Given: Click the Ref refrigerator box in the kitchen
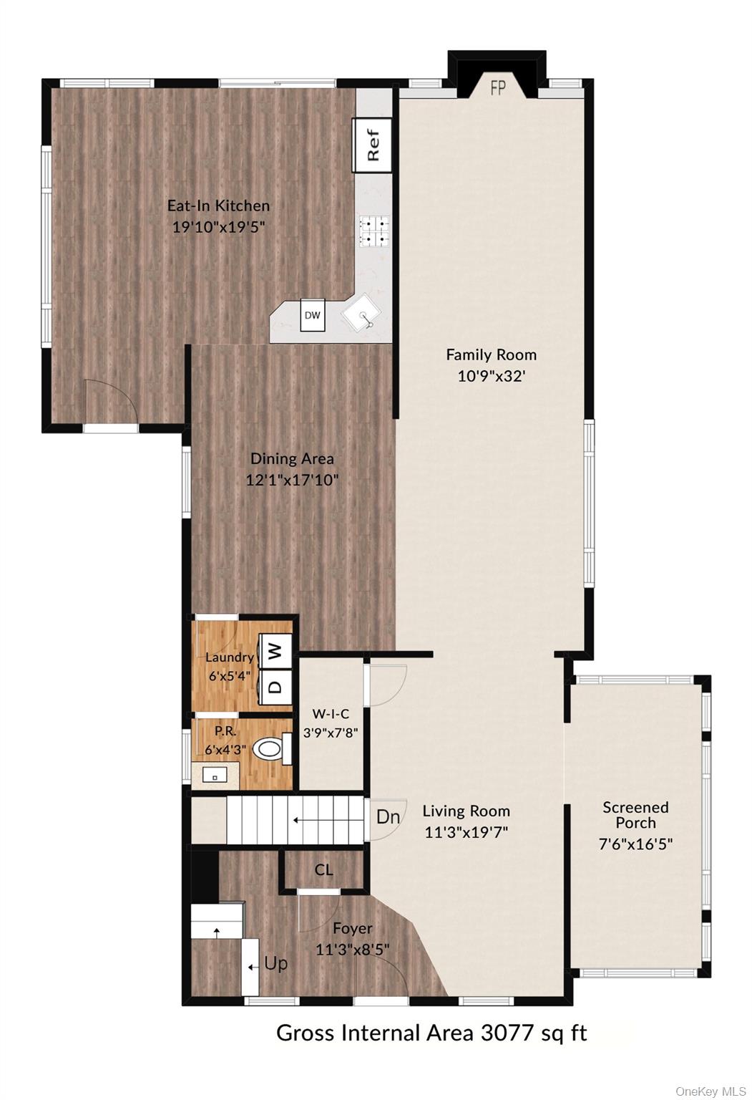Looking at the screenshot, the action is (373, 145).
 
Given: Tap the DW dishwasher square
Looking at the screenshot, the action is (313, 314).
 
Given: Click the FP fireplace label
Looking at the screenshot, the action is (499, 88).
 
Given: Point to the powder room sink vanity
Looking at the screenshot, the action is (215, 776).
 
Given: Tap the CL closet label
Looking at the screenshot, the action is (323, 870).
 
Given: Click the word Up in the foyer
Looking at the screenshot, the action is (275, 964).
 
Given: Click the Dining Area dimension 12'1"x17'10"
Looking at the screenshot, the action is (293, 480).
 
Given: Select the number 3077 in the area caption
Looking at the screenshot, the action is (507, 1033).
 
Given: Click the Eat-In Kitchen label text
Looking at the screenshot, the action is (219, 206).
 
